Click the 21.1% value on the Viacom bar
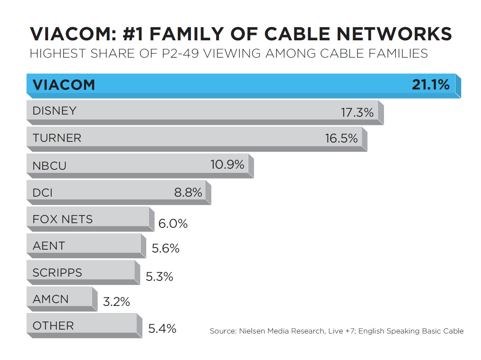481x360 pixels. click(430, 85)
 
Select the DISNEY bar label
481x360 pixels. click(54, 111)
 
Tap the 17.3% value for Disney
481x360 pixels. click(357, 112)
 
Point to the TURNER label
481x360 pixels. click(57, 138)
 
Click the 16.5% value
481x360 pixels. click(341, 138)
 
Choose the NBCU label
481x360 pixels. click(50, 166)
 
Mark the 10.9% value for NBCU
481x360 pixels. click(227, 164)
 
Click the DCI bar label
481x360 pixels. click(42, 193)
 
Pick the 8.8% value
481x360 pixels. click(188, 192)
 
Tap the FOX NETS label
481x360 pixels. click(63, 219)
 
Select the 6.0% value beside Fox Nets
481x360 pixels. click(173, 223)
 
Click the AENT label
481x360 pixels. click(49, 246)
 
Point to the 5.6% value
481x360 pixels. click(166, 248)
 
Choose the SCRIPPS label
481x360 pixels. click(57, 273)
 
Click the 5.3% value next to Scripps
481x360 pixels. click(159, 277)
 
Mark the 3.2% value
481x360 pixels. click(116, 302)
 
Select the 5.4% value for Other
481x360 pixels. click(162, 329)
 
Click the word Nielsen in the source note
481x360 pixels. click(252, 331)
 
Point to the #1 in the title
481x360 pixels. click(133, 34)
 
